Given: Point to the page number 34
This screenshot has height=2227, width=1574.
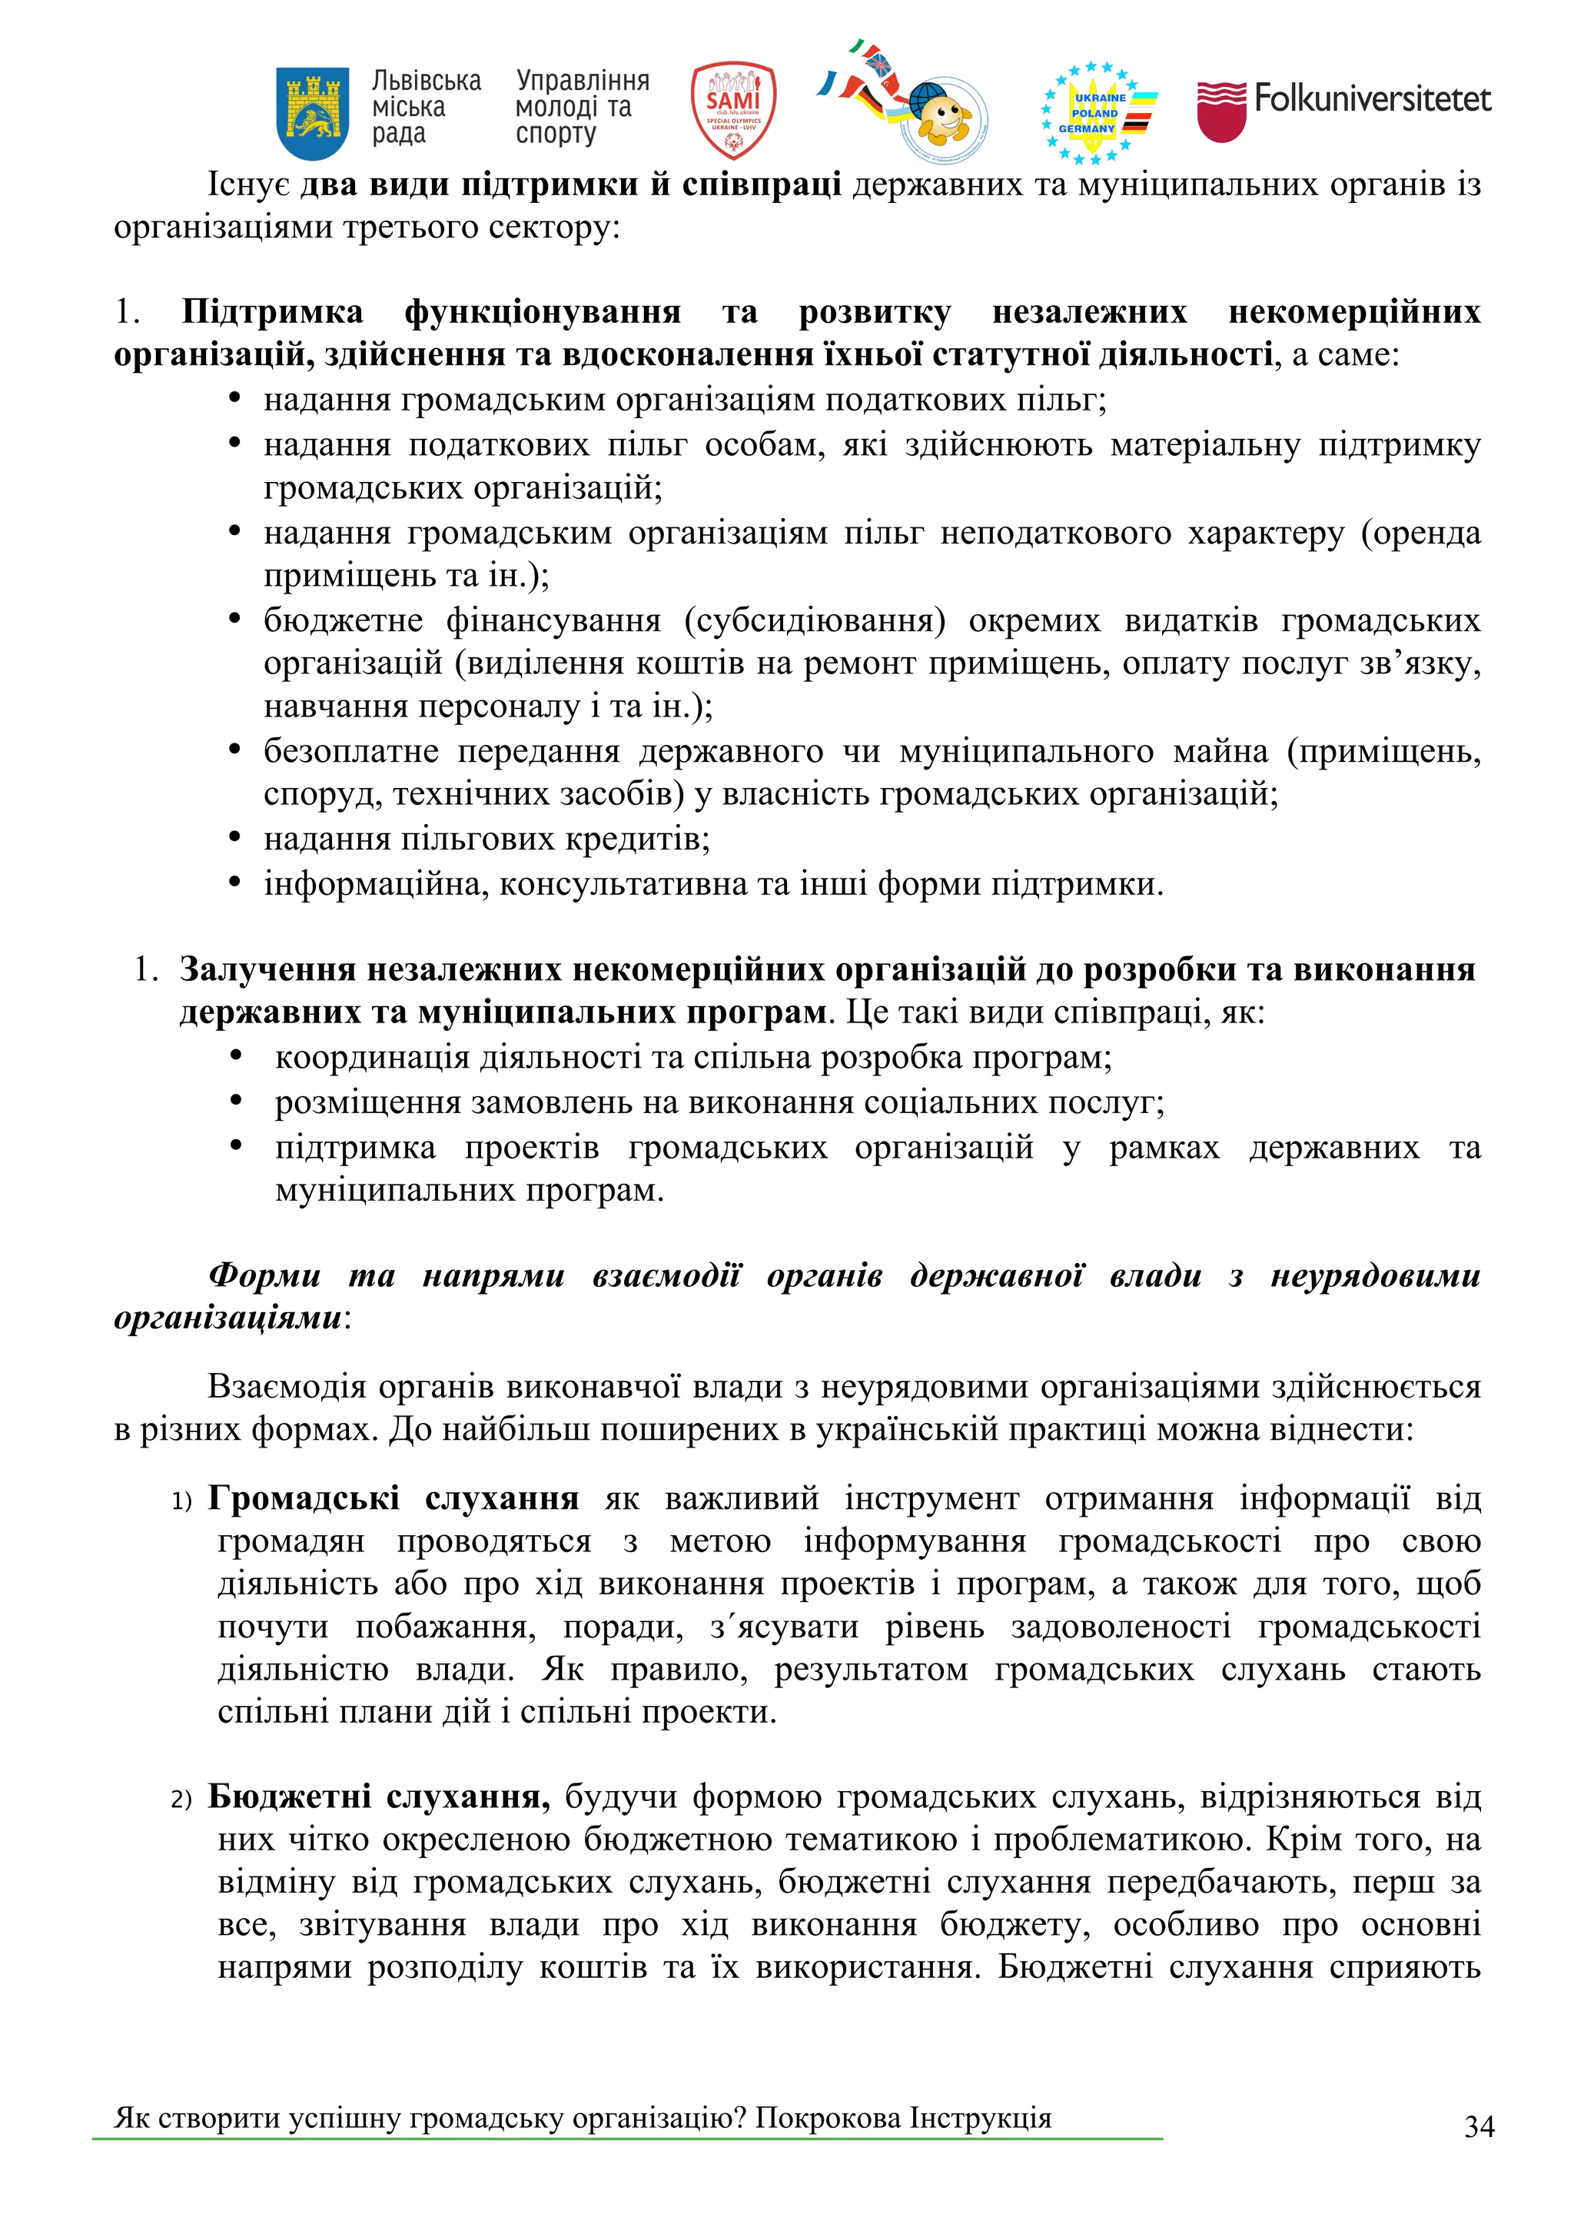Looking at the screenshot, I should [1479, 2126].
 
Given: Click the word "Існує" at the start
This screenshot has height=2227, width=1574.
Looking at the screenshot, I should [248, 184].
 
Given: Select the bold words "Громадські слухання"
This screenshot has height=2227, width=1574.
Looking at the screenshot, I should [393, 1498].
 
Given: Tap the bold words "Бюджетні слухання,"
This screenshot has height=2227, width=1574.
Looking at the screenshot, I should [378, 1797].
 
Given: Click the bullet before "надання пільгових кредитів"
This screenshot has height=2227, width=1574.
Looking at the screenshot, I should [234, 837].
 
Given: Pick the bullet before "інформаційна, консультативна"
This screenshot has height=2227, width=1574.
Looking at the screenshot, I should [234, 882].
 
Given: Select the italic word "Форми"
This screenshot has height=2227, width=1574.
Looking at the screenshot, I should [264, 1275].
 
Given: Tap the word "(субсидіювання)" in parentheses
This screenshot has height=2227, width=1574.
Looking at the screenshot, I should [815, 620].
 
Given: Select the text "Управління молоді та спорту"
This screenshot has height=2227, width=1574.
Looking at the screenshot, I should [582, 107].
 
